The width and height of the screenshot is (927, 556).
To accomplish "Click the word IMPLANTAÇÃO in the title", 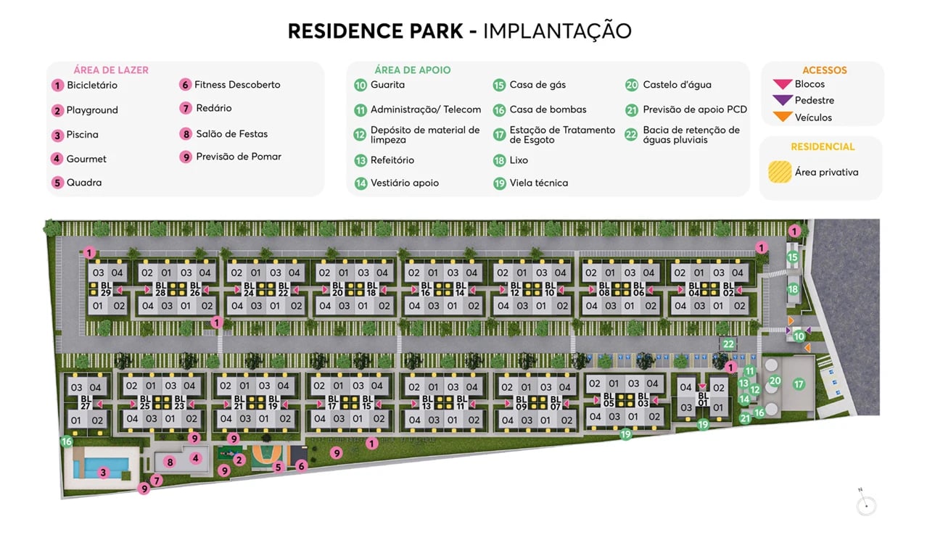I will pos(557,31).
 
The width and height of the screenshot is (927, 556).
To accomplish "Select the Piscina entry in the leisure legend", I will pos(82,135).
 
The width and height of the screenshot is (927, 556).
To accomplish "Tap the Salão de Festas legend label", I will pos(231,134).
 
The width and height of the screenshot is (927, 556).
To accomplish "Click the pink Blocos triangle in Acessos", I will pos(783,85).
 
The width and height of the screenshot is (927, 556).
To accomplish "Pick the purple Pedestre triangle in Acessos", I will pos(783,101).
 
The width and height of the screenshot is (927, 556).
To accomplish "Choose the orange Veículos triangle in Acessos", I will pos(783,117).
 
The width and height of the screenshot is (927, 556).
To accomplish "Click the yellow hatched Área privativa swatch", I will pos(780,173).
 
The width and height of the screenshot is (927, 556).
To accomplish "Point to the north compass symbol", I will pos(866,505).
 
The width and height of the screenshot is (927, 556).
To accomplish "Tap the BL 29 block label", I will pos(106,289).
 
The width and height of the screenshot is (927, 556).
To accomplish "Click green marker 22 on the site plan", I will pos(728,344).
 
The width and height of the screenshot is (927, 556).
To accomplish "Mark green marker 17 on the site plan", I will pos(799,384).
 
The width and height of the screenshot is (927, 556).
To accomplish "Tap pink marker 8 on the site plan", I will pos(170,462).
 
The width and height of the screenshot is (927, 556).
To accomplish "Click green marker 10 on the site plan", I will pos(799,336).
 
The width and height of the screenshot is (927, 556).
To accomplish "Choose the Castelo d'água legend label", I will pos(677,85).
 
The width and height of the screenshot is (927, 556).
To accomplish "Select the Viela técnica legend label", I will pos(538,183).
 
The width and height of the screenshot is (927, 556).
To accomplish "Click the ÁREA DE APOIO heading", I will pos(412,70).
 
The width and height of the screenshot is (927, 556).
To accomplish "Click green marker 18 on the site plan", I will pos(793,289).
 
